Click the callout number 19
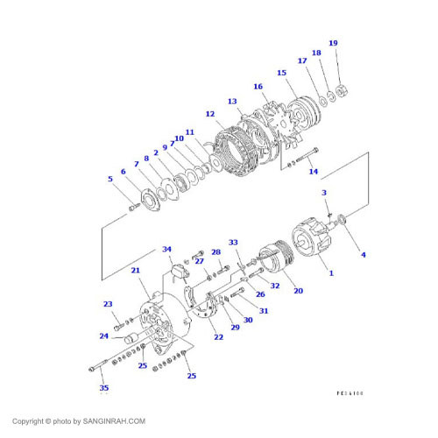[333, 43]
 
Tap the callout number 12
[210, 114]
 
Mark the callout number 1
[331, 273]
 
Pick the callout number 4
[364, 254]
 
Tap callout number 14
[314, 171]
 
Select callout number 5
[110, 180]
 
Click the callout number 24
[103, 336]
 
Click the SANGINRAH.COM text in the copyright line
[114, 420]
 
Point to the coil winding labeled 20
[274, 260]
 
